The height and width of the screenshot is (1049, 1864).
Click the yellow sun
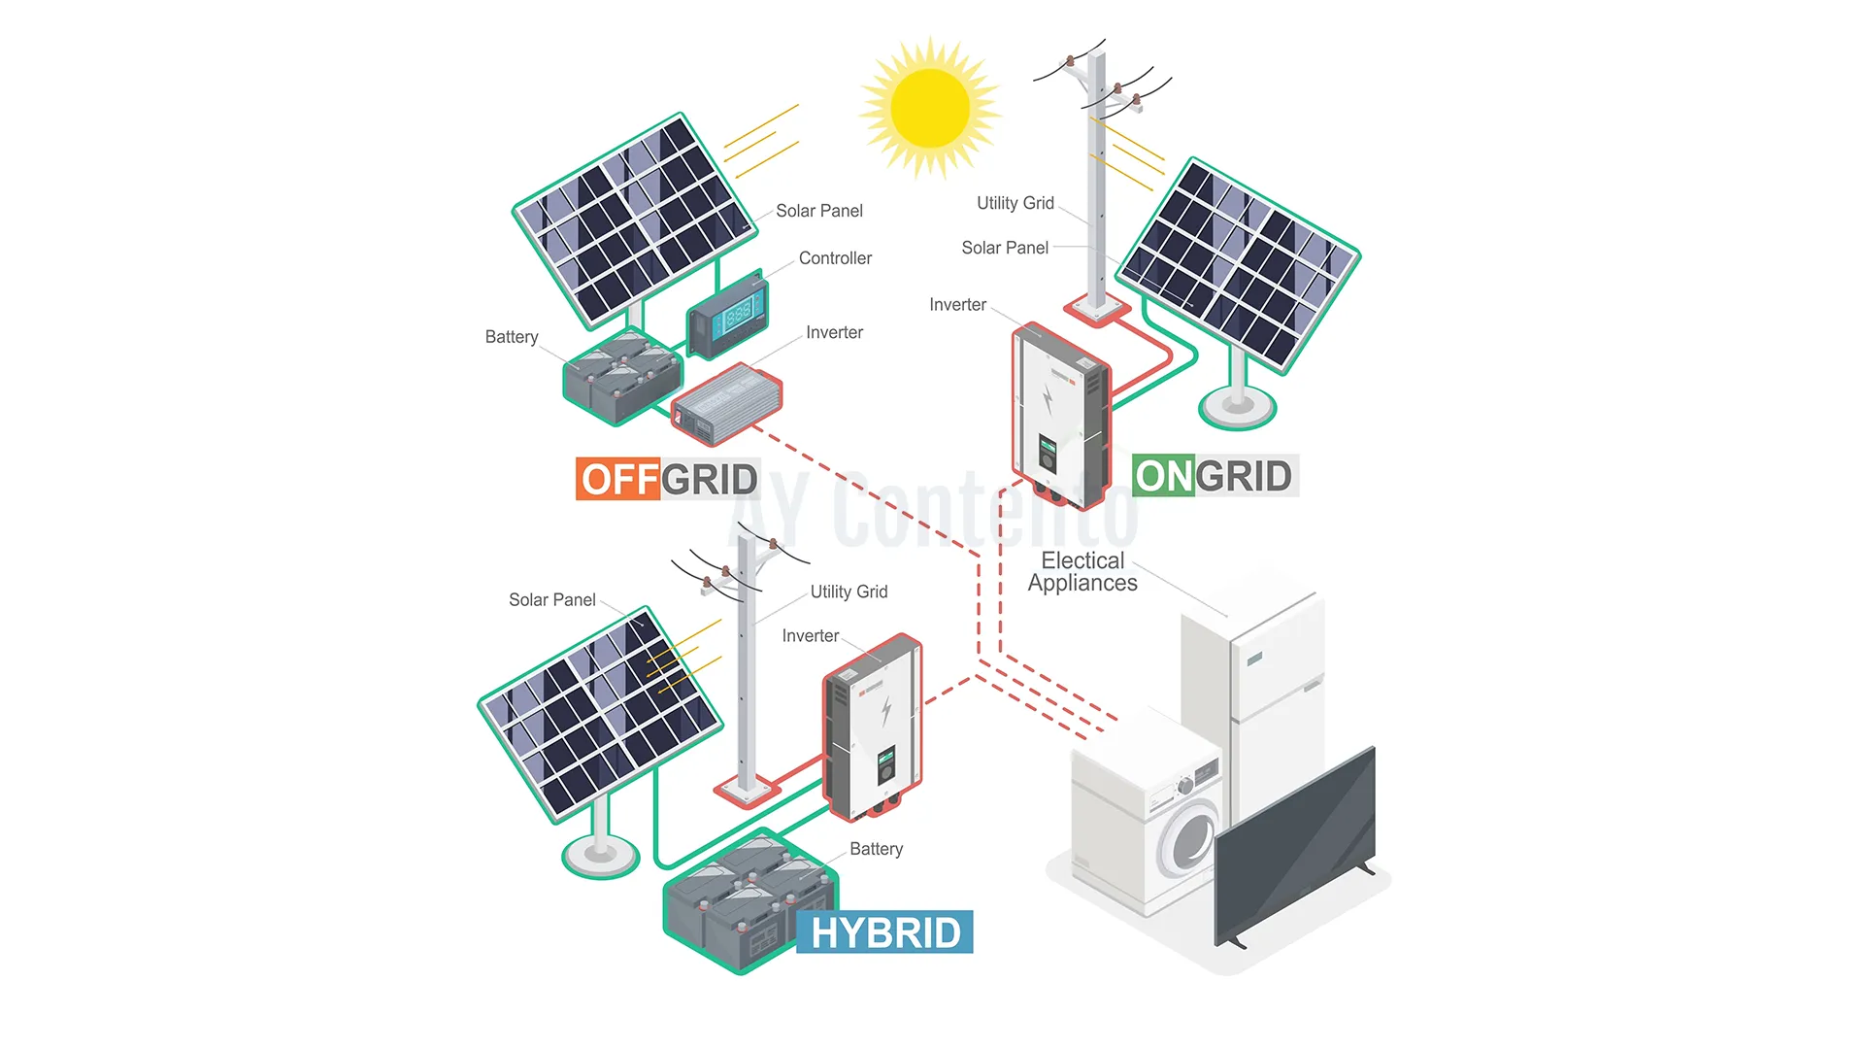[930, 107]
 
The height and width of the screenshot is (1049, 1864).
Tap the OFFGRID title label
[668, 479]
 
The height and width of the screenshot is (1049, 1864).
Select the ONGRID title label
[1214, 476]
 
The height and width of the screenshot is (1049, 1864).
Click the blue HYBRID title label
[884, 932]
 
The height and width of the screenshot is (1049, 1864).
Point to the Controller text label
[835, 258]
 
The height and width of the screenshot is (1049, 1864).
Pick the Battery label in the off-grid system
[512, 337]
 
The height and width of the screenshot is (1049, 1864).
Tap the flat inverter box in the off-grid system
[726, 402]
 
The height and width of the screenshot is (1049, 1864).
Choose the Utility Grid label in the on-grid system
[1015, 203]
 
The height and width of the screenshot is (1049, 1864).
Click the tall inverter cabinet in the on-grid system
[1060, 415]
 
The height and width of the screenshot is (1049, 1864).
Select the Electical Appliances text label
[1082, 572]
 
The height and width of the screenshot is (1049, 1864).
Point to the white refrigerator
[1262, 680]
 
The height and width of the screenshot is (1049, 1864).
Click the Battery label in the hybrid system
[876, 849]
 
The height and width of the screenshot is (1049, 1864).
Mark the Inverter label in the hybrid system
[810, 636]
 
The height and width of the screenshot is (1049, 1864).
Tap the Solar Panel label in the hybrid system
[551, 600]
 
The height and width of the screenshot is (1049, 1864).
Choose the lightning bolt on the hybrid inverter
[886, 711]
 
